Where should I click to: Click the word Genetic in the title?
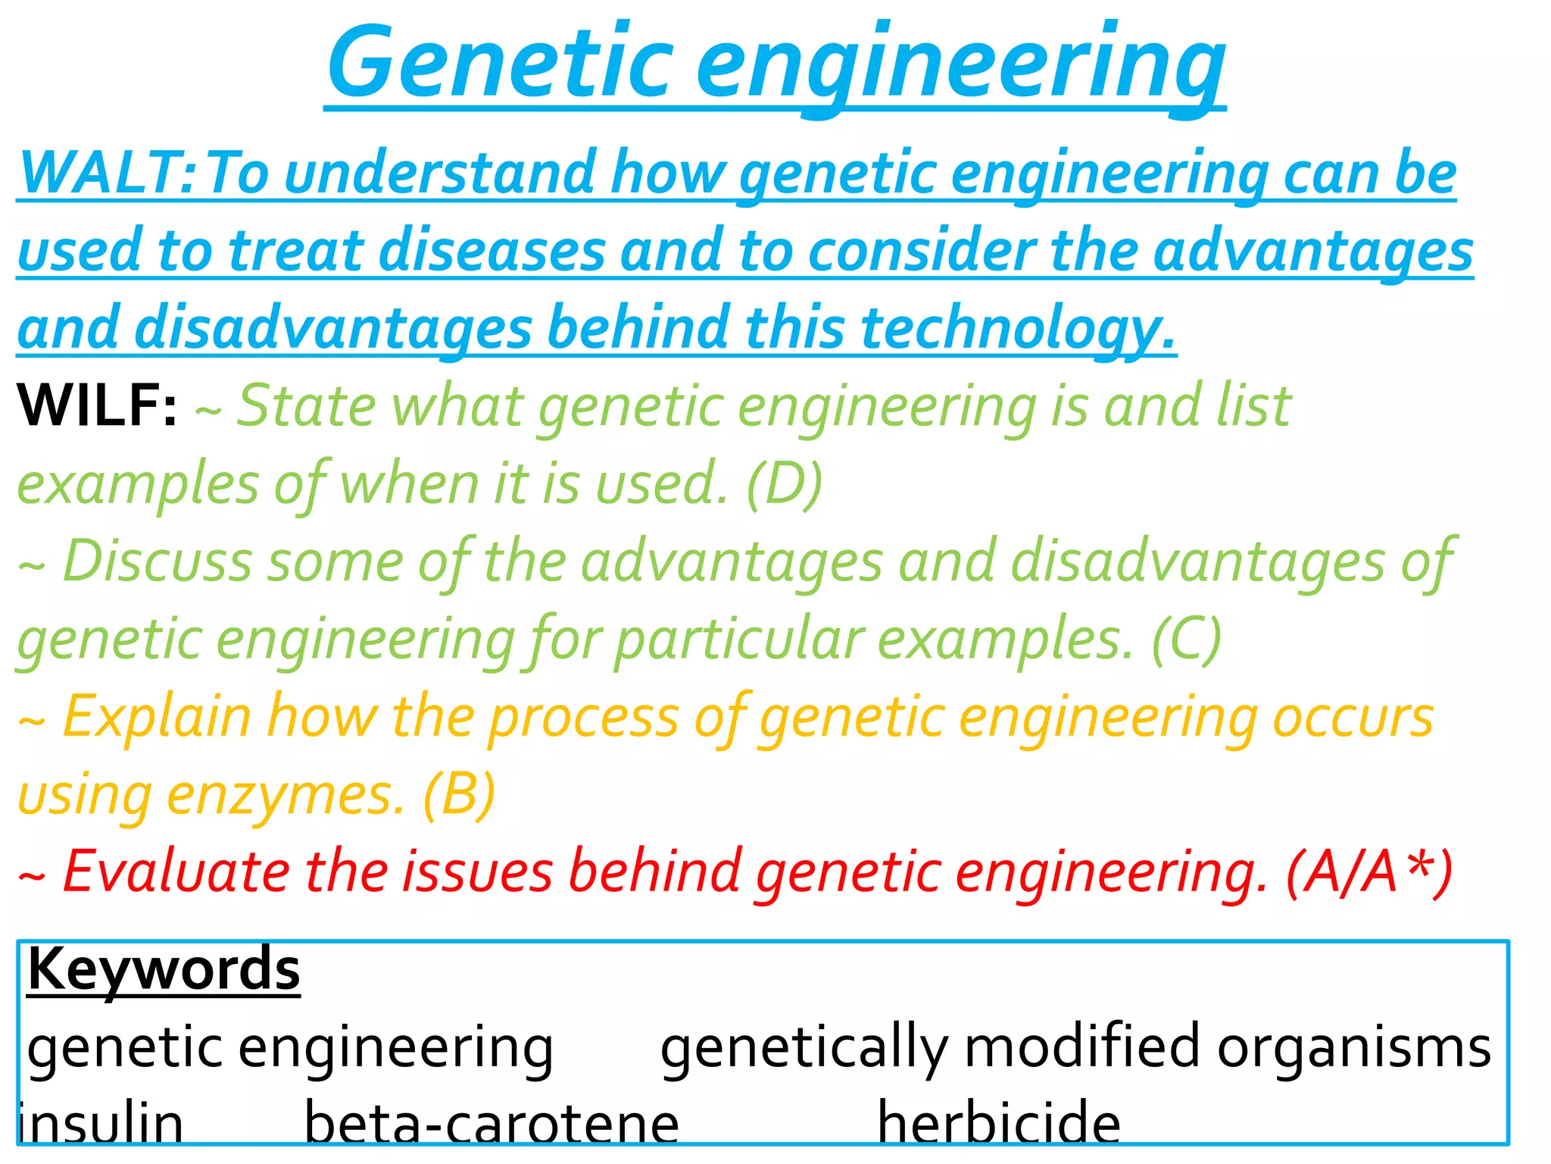pyautogui.click(x=500, y=64)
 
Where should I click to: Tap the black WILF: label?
pyautogui.click(x=97, y=406)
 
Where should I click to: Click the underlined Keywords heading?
pyautogui.click(x=164, y=969)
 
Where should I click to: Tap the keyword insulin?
pyautogui.click(x=101, y=1124)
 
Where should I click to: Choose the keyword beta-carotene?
pyautogui.click(x=491, y=1124)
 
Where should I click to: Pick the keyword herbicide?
pyautogui.click(x=998, y=1124)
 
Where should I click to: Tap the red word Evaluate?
pyautogui.click(x=176, y=871)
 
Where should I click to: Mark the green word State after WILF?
pyautogui.click(x=306, y=407)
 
